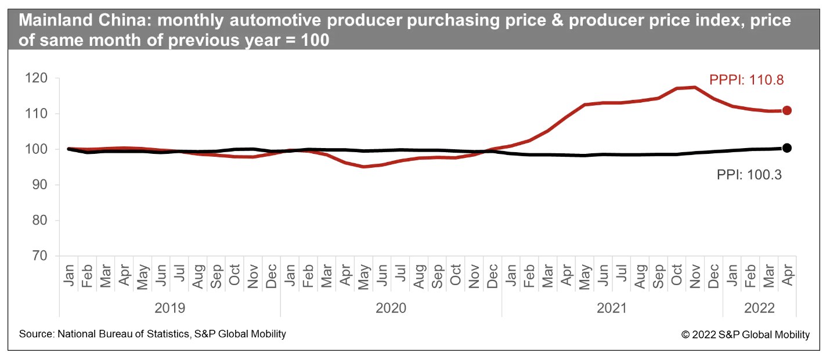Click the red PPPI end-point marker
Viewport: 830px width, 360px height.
pyautogui.click(x=787, y=110)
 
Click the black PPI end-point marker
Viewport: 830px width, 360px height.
pyautogui.click(x=787, y=148)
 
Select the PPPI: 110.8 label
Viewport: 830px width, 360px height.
pyautogui.click(x=747, y=80)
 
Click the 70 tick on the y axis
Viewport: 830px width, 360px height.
pyautogui.click(x=44, y=256)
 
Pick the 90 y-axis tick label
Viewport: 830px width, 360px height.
pyautogui.click(x=44, y=185)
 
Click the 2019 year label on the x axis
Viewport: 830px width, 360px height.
pyautogui.click(x=170, y=308)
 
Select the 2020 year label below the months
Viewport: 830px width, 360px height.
pyautogui.click(x=391, y=308)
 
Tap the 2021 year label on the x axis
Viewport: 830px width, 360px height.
pyautogui.click(x=612, y=308)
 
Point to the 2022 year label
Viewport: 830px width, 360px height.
pyautogui.click(x=759, y=308)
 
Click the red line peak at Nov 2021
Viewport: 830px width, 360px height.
pyautogui.click(x=695, y=87)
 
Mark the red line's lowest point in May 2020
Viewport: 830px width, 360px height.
pyautogui.click(x=364, y=167)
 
